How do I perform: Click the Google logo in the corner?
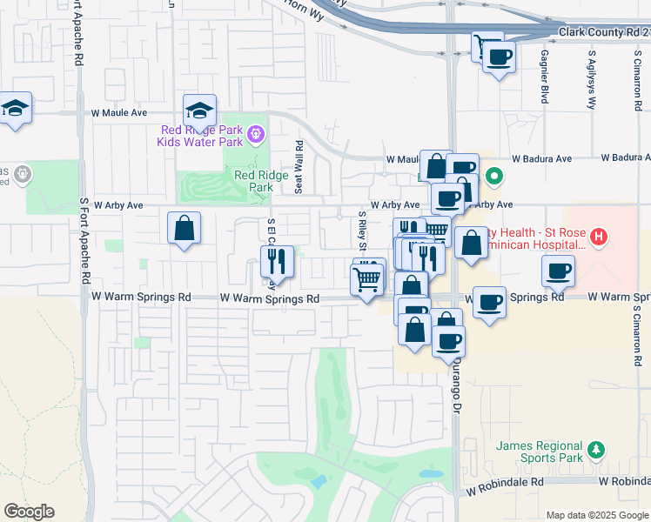click(29, 512)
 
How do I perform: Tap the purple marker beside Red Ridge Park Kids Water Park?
click(255, 134)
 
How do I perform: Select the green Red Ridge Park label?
click(253, 180)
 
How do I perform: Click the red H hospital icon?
click(598, 236)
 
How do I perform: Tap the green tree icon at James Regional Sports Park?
click(596, 449)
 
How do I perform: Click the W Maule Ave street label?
click(119, 113)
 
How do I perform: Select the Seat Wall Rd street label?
click(299, 168)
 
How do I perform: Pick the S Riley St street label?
click(361, 230)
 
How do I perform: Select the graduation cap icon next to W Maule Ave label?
click(199, 110)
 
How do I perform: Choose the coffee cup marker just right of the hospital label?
click(558, 271)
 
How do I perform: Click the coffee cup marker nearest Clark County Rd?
click(499, 57)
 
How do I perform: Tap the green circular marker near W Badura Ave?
click(494, 177)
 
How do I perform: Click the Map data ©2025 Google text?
click(597, 514)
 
